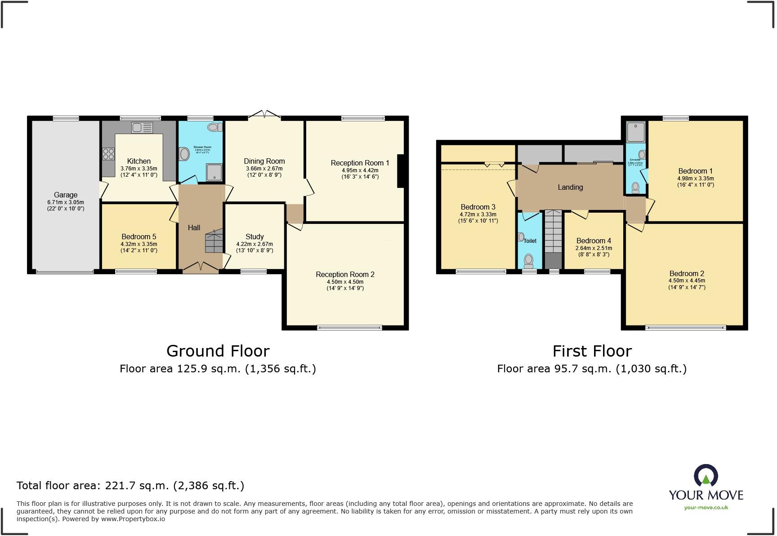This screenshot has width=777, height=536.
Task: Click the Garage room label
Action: pos(66,195)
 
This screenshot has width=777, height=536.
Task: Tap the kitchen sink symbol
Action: pos(142,128)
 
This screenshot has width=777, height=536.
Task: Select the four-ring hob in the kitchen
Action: pos(108,154)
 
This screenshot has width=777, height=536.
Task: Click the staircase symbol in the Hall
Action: pos(214,241)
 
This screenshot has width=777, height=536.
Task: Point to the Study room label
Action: pos(255,237)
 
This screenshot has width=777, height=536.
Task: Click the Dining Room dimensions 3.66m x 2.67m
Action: pos(264,169)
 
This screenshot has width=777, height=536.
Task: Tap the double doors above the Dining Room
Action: pos(264,115)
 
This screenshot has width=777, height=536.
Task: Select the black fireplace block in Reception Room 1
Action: pos(401,171)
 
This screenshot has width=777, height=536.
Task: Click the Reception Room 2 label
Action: pos(345,274)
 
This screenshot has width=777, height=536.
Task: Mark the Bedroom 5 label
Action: pos(139,237)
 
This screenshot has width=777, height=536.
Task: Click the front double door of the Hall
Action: pos(201,268)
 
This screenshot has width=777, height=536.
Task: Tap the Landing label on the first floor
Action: pos(570,187)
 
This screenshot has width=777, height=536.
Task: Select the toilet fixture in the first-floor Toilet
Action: pos(529,260)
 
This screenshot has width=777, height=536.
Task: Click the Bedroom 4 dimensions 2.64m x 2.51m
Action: pos(594,248)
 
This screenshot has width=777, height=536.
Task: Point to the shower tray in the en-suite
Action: pos(636,132)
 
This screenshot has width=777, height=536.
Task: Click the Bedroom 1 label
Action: pos(695,171)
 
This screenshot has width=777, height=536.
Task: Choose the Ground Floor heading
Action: pos(218,351)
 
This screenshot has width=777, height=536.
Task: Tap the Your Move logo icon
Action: pos(706,476)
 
